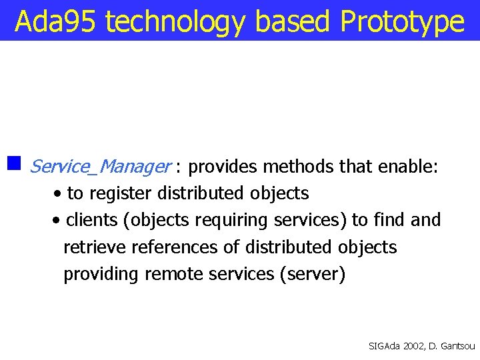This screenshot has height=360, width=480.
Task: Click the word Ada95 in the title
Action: coord(56,21)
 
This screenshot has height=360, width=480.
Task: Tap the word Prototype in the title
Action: coord(401,21)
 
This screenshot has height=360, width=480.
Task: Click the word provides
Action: coord(225,167)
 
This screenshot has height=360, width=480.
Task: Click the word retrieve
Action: coord(95,247)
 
